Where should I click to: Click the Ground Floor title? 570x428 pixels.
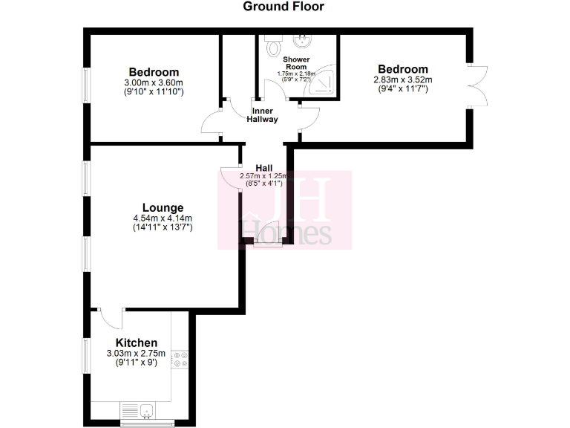tap(284, 7)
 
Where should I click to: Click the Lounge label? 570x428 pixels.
tap(163, 207)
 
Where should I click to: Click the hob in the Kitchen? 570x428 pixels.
tap(180, 359)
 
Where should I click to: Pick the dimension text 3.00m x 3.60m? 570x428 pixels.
tap(154, 82)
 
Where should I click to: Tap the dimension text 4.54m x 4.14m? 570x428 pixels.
tap(163, 218)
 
